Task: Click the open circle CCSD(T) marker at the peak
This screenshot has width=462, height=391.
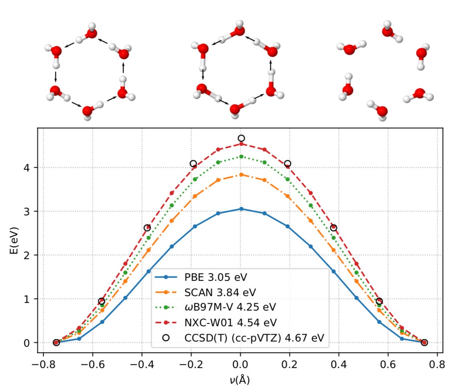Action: tap(241, 138)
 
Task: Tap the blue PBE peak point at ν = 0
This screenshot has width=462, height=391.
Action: tap(241, 209)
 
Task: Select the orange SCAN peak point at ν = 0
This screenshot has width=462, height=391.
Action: tap(241, 174)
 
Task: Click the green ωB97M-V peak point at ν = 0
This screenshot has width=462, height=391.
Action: tap(241, 156)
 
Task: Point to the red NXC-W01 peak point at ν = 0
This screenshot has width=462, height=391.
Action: tap(241, 144)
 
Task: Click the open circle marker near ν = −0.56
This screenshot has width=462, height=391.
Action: tap(102, 301)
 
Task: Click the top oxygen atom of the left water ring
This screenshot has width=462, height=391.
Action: tap(92, 33)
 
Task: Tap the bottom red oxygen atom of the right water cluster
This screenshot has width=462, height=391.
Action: tap(382, 111)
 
